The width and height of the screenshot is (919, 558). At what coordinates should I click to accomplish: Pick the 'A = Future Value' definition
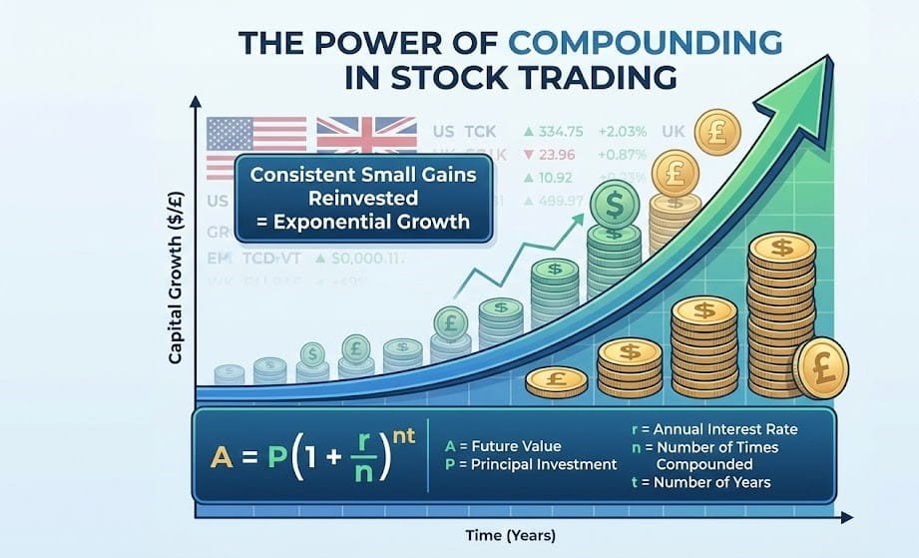point(491,446)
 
